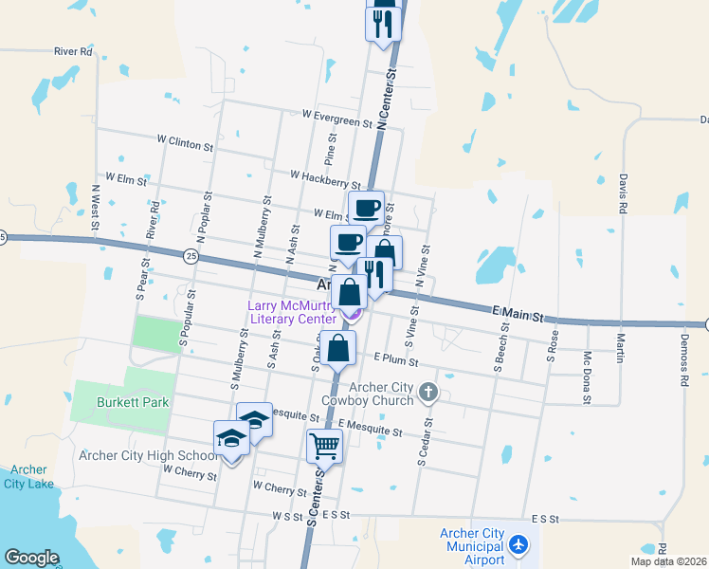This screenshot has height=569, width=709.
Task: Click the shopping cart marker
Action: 324,444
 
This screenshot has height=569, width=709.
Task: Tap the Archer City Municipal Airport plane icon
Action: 518,545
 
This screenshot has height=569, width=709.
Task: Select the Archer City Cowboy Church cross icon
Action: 428,391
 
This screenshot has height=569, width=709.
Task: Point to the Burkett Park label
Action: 133,402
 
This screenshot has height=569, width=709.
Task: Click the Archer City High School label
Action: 149,454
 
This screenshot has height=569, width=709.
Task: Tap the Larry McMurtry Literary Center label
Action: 291,312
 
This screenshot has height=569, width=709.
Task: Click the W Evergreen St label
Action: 336,116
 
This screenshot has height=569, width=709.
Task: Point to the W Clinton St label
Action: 186,142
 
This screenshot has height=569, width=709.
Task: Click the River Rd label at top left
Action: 73,51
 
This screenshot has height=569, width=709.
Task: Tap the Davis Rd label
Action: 623,193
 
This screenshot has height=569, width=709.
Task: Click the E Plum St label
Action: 395,358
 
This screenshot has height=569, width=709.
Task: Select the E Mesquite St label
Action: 369,431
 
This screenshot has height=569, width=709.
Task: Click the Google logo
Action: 31,558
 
